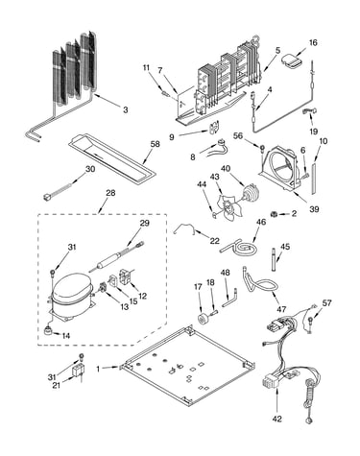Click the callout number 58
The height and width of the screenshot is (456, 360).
point(155,144)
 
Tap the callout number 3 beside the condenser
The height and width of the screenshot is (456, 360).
point(126,109)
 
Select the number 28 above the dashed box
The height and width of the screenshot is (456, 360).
point(110,193)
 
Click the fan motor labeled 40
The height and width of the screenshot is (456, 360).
point(250,194)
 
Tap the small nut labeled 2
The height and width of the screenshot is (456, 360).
point(274,213)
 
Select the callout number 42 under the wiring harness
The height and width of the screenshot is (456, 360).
point(277,419)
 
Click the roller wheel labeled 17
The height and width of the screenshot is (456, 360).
point(204,319)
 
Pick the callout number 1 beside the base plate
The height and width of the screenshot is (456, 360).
point(98,369)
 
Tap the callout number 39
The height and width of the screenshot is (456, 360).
point(314,209)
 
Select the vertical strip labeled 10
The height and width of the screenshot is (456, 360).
point(314,178)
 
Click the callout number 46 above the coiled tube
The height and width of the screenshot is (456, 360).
point(261,222)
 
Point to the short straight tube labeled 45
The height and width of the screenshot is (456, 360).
point(274,259)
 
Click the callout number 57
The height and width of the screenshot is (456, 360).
point(326,302)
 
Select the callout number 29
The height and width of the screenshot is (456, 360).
point(145,223)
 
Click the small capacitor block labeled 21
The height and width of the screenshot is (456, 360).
point(79,372)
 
